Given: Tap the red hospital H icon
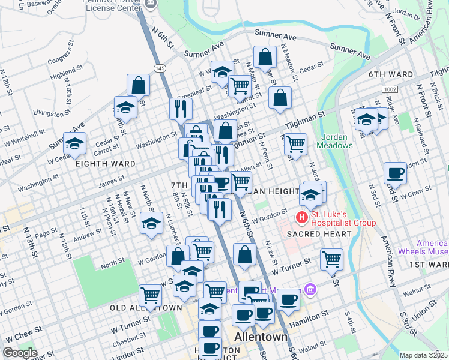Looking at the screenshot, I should pos(302,217).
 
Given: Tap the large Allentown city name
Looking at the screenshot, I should pos(261,337).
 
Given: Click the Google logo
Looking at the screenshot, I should pos(20,353).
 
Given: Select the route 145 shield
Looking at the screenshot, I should pos(160,68).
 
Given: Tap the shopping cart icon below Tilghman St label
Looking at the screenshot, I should pos(295,145).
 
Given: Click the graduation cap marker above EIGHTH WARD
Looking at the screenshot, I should pos(75,145).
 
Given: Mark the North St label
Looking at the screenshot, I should pos(112,262).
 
